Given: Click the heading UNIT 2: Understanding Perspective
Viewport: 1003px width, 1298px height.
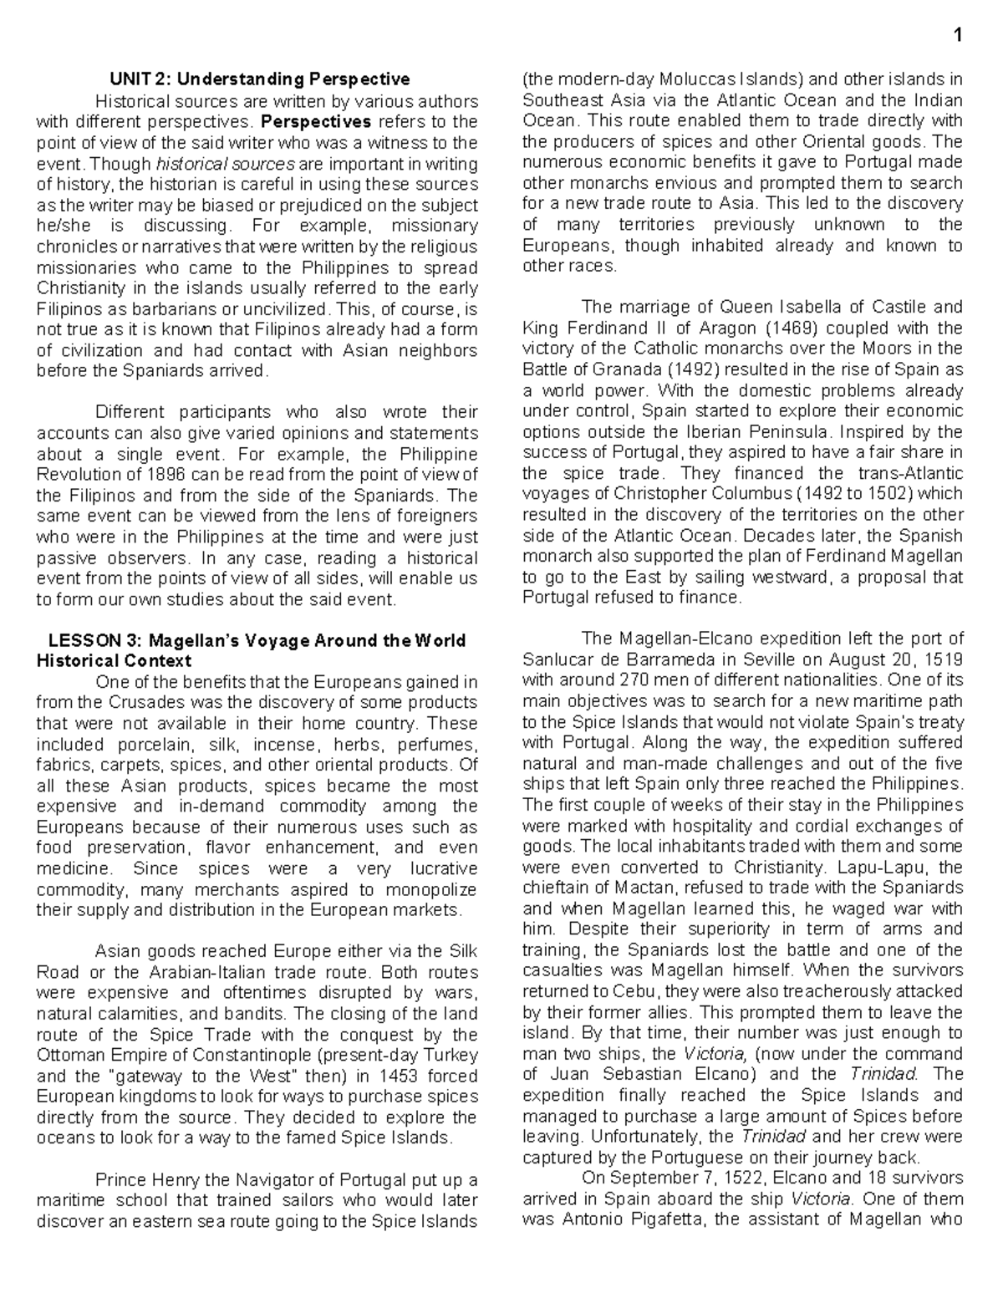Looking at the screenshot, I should [259, 79].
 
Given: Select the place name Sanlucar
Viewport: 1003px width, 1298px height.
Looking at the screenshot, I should [557, 659].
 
